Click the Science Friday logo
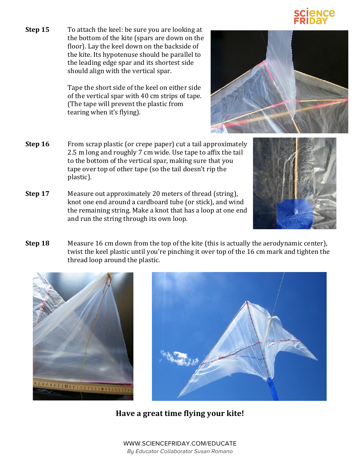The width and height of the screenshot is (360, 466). (314, 17)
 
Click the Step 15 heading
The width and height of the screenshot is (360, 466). (37, 30)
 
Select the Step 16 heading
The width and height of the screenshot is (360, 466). (37, 144)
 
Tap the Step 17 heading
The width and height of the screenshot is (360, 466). (37, 194)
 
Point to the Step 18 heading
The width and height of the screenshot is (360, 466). (37, 243)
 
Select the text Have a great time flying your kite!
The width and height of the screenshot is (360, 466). (180, 413)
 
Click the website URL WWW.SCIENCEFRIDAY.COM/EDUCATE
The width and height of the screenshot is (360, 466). (180, 443)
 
